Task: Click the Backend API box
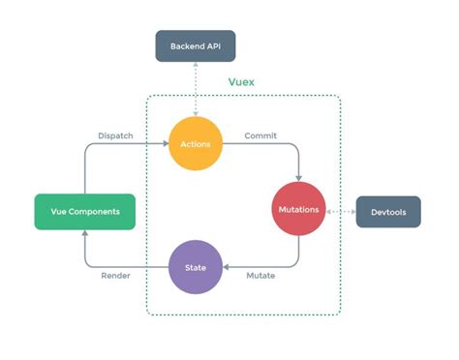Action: click(x=196, y=45)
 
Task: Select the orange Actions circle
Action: click(x=196, y=143)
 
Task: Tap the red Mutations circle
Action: click(x=299, y=210)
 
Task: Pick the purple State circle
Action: click(x=196, y=266)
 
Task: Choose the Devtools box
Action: click(x=388, y=211)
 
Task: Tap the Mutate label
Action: click(x=260, y=276)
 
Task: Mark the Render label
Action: click(x=116, y=276)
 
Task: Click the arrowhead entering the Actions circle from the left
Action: click(x=165, y=144)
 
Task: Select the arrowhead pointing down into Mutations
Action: click(x=299, y=177)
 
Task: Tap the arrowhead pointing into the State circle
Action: click(x=227, y=266)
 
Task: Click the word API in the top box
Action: click(x=216, y=45)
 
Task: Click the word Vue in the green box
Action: click(x=58, y=211)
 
